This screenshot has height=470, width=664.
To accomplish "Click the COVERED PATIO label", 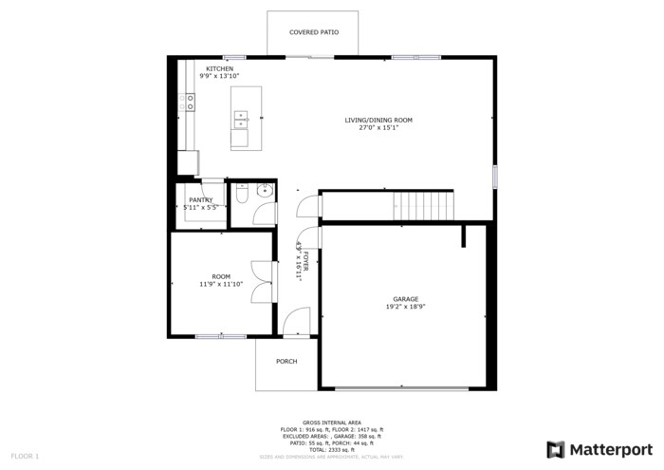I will [314, 32].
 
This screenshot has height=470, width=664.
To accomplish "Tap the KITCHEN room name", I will [220, 68].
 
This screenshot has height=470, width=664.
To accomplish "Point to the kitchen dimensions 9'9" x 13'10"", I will [220, 76].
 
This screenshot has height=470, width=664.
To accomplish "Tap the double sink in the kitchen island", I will [240, 119].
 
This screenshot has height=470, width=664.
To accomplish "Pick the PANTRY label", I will [200, 199].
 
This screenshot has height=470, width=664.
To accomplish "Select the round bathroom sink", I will [264, 193].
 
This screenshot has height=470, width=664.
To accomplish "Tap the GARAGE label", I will [406, 299].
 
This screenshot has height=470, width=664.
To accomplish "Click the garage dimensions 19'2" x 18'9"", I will [406, 307].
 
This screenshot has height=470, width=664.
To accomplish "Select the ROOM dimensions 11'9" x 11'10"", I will [221, 284].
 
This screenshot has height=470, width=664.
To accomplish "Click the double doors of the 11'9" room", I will [262, 281].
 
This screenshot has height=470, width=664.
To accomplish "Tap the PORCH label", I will [286, 362].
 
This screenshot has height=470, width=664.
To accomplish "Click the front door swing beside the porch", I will [296, 324].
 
